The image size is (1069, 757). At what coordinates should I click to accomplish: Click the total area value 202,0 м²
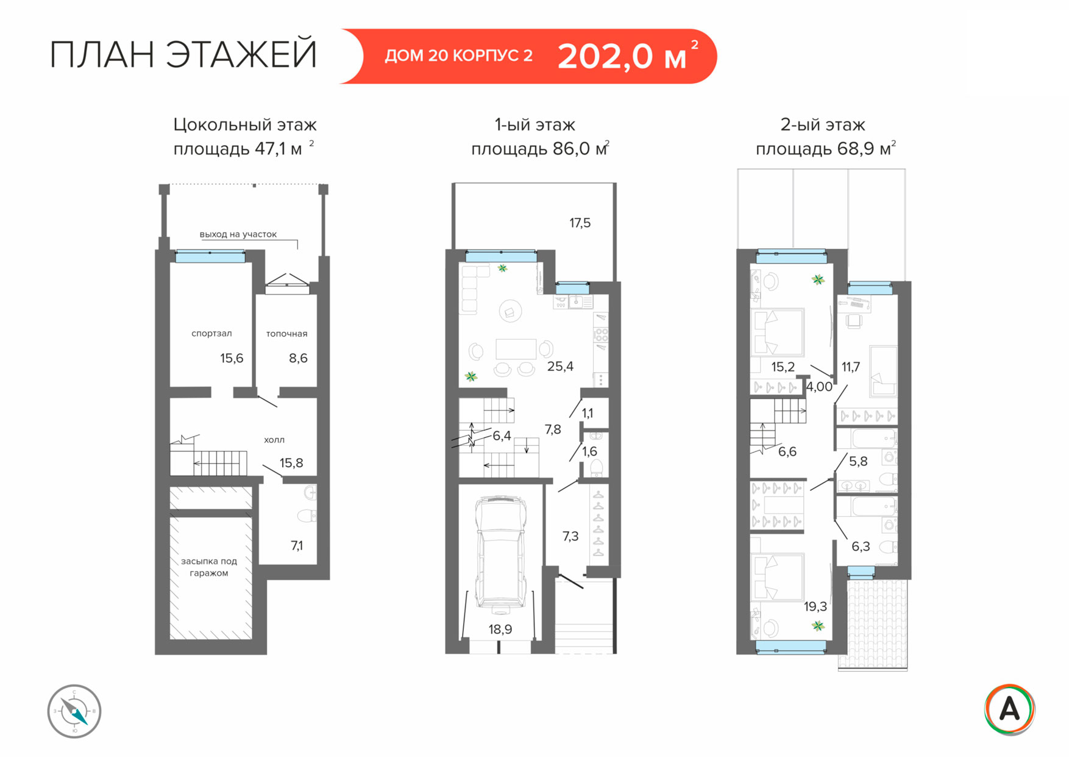tap(628, 56)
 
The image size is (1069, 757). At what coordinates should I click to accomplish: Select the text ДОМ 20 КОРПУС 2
tap(458, 56)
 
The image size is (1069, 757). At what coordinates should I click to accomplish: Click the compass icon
tap(74, 711)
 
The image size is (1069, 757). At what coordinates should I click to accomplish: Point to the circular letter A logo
tap(1009, 709)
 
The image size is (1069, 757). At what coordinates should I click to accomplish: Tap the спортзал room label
tap(211, 334)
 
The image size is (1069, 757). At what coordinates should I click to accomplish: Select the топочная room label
tap(286, 334)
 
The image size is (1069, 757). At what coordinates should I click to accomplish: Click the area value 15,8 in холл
tap(291, 463)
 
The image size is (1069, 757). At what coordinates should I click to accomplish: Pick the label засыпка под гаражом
tap(209, 567)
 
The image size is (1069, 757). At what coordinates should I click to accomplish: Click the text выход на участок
tap(238, 234)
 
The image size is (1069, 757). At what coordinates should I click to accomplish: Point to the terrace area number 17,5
tap(580, 223)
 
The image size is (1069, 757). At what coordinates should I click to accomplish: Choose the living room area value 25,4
tap(560, 367)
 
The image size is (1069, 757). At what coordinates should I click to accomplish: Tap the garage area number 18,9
tap(500, 630)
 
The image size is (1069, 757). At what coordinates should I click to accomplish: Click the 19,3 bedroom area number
tap(815, 606)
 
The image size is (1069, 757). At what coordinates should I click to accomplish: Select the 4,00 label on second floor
tap(819, 387)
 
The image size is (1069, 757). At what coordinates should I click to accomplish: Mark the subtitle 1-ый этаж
tap(535, 125)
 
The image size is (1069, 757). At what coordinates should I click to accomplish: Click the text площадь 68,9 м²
tap(826, 149)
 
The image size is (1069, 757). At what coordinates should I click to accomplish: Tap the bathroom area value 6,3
tap(861, 547)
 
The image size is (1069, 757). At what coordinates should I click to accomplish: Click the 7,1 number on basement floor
tap(297, 545)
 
